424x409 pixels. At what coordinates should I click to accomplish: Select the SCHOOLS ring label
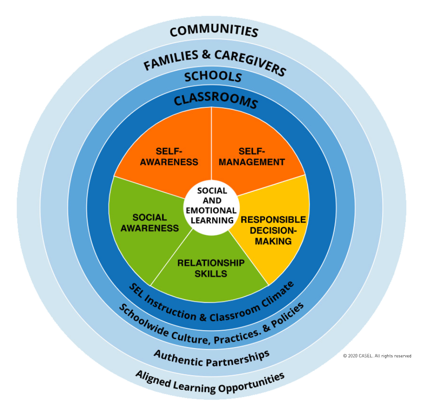[x=213, y=77]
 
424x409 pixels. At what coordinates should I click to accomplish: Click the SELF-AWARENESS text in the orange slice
[x=169, y=156]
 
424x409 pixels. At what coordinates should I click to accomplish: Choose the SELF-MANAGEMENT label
[x=252, y=156]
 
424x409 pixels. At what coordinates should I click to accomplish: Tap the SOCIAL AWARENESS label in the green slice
[x=149, y=223]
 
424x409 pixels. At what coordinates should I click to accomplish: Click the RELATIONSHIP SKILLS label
[x=211, y=268]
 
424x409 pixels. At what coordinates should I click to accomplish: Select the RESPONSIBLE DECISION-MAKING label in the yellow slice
[x=273, y=230]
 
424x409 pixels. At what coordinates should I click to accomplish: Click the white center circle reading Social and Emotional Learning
[x=211, y=207]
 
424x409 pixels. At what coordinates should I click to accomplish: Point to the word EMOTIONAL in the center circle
[x=211, y=211]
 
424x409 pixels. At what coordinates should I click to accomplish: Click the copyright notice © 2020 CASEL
[x=377, y=356]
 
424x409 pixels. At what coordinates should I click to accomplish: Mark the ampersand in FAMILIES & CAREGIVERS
[x=206, y=54]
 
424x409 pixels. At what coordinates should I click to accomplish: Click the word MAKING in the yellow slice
[x=273, y=241]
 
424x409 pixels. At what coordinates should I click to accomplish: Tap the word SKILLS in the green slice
[x=211, y=273]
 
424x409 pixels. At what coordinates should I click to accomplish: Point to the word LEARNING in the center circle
[x=212, y=220]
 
